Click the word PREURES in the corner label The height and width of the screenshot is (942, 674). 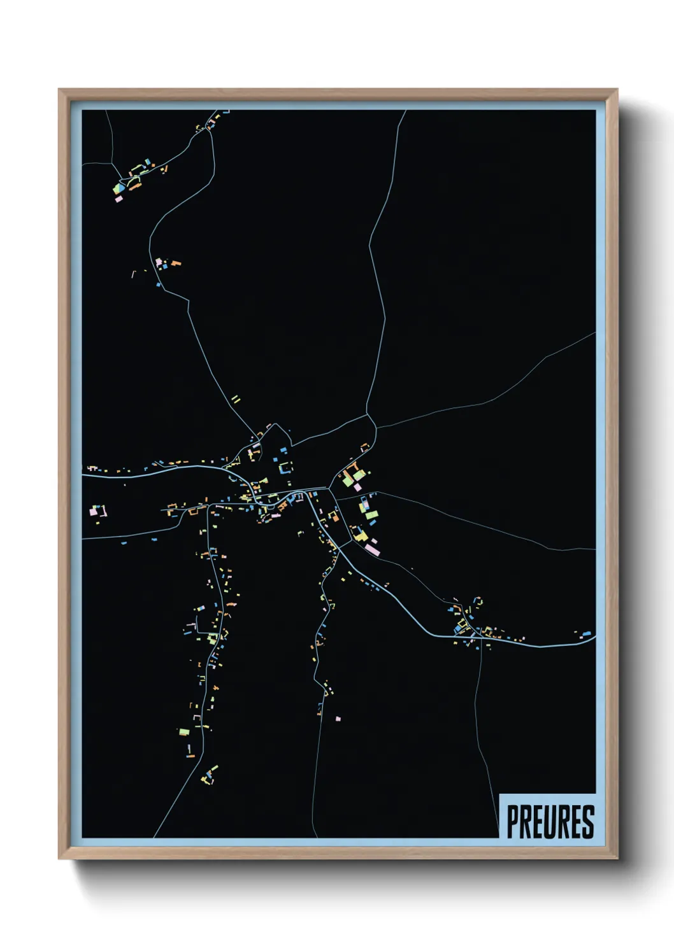[x=550, y=822]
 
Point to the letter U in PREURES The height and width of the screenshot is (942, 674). [x=550, y=822]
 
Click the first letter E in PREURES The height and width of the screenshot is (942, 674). [x=538, y=822]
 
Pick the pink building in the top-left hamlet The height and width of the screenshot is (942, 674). [x=118, y=199]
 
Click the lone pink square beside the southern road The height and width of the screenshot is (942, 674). [x=338, y=719]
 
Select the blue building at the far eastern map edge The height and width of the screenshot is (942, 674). [x=587, y=634]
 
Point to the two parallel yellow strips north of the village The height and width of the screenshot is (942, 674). [x=236, y=400]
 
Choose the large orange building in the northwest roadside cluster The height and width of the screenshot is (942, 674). [x=175, y=262]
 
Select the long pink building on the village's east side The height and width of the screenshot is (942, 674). [x=371, y=548]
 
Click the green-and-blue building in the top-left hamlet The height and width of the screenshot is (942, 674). [x=119, y=188]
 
